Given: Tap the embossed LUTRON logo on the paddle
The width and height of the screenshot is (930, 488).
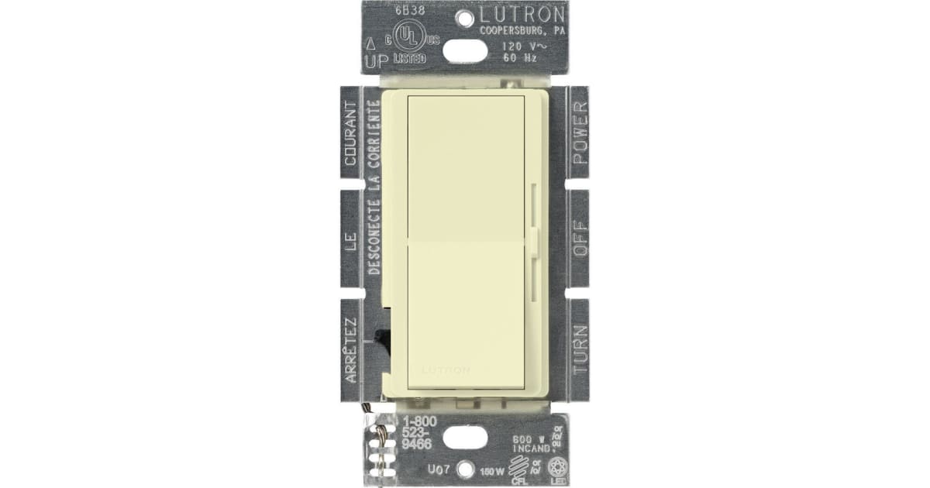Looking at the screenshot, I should pos(446,370).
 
